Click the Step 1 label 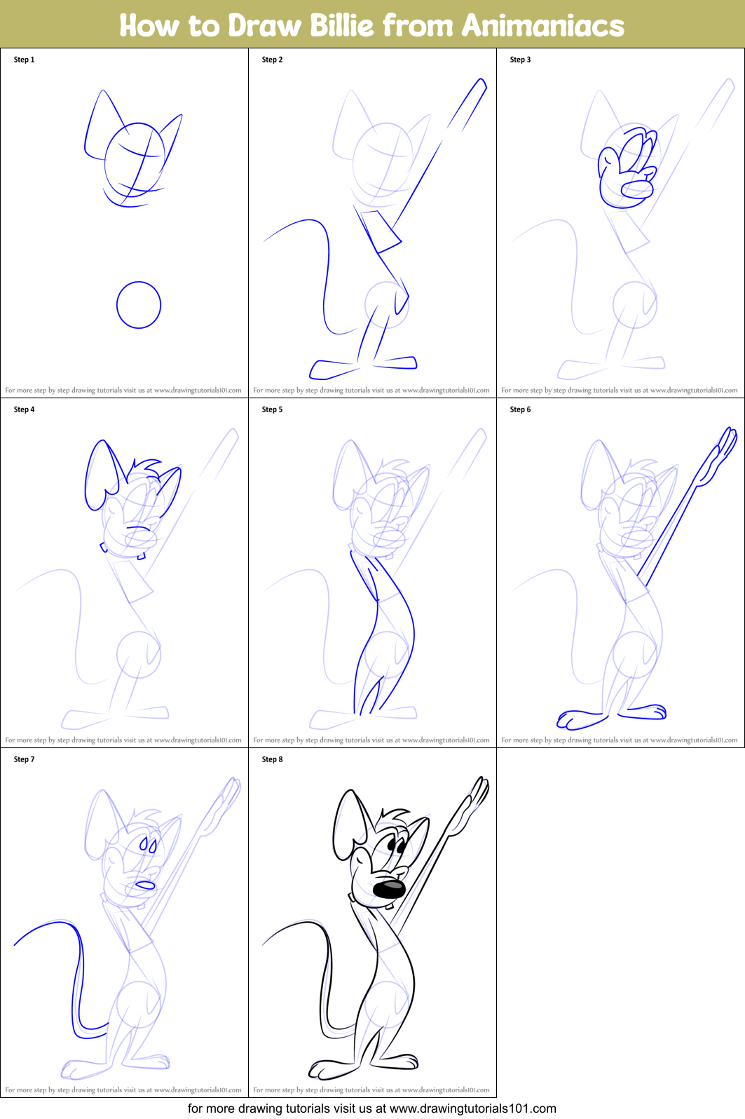24,60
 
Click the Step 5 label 272,409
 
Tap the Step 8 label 272,759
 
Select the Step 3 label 520,60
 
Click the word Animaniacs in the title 542,26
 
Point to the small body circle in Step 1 139,305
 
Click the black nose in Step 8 389,889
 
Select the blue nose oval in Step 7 145,886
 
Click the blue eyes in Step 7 148,844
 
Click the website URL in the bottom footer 472,1108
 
